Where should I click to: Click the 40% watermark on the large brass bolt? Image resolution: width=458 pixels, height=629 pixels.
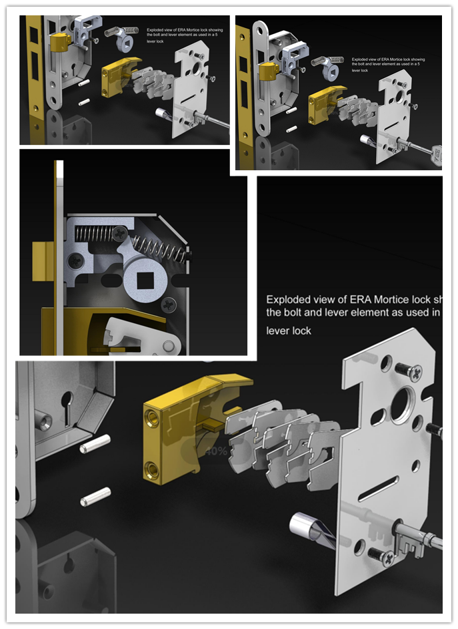coord(215,451)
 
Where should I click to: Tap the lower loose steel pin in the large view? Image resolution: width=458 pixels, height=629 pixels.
coord(95,496)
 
